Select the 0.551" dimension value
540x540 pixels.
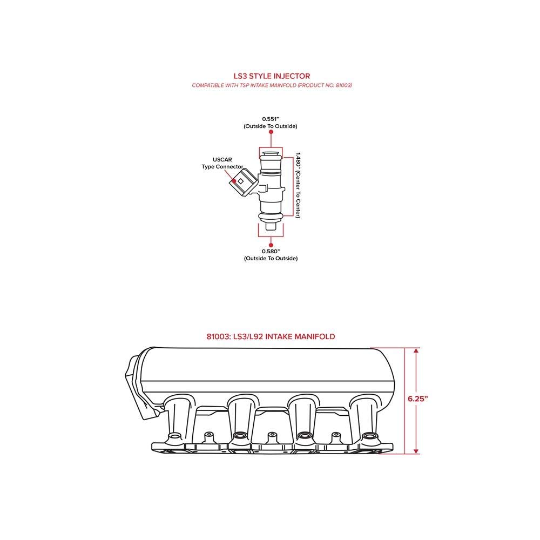click(x=270, y=118)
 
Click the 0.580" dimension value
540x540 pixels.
click(x=270, y=251)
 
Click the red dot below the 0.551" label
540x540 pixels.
click(x=271, y=131)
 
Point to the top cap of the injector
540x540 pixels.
click(x=271, y=155)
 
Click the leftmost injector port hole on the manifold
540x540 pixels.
click(x=174, y=436)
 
